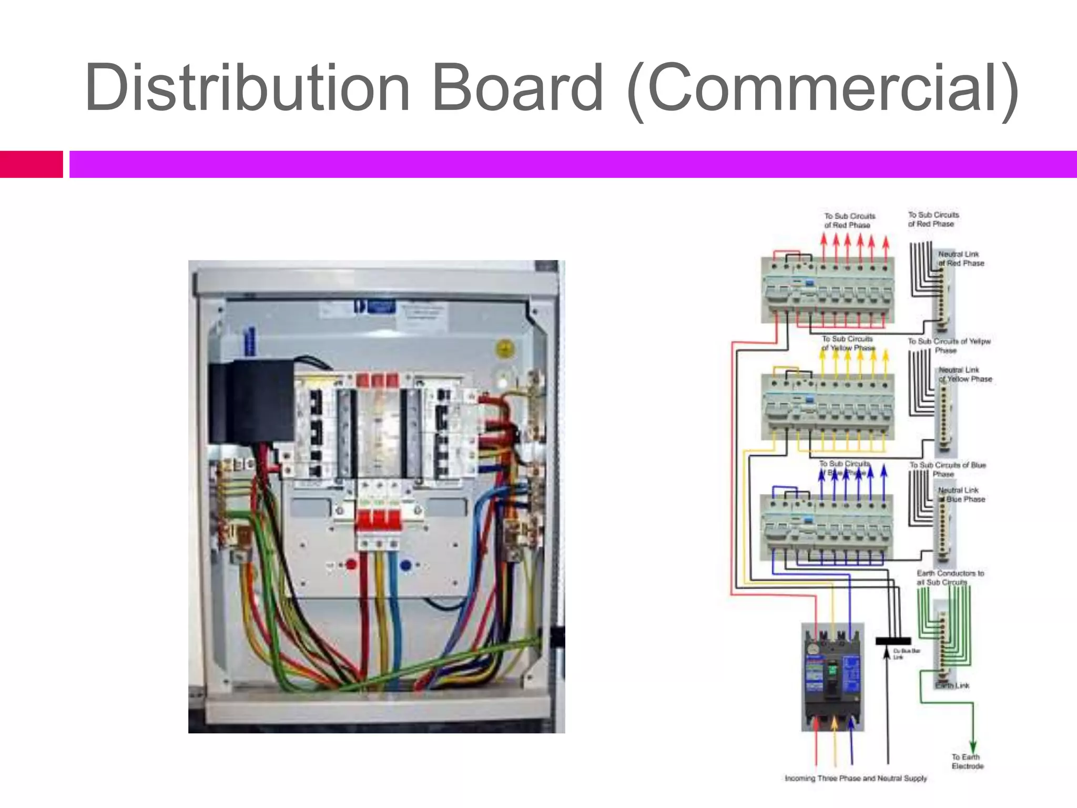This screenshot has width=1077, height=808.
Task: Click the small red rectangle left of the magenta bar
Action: tap(31, 164)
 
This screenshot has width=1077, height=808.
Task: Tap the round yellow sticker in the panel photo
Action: tap(505, 349)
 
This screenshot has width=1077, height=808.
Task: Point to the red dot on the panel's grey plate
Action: tap(351, 565)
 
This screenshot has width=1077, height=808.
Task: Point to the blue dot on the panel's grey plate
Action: tap(405, 565)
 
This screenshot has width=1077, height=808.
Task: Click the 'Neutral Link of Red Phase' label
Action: tap(961, 258)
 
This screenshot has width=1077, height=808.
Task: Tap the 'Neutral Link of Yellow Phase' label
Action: tap(965, 374)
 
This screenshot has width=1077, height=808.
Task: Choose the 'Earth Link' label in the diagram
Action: tap(953, 685)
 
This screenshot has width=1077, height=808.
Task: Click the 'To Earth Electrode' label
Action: tap(967, 761)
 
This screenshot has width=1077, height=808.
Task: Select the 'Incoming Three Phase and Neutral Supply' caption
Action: tap(856, 778)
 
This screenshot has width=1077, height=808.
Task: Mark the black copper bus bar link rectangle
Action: tap(893, 641)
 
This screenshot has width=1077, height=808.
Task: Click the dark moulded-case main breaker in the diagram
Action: tap(832, 677)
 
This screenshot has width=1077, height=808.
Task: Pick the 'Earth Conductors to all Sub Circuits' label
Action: tap(950, 578)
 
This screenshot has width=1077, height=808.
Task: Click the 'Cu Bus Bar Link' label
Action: tap(906, 654)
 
